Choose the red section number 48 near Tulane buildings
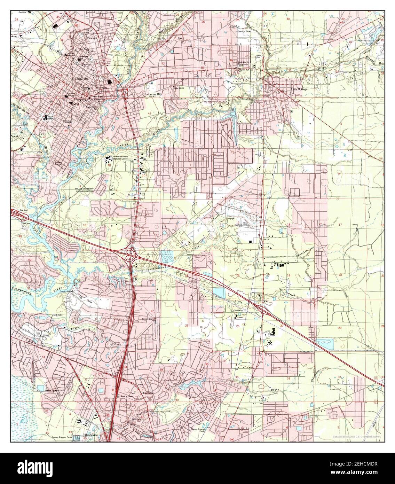(x=109, y=165)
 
